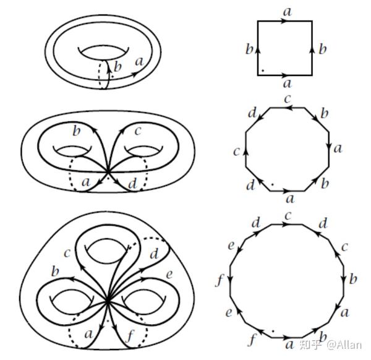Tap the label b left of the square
pos(249,49)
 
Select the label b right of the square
pos(322,49)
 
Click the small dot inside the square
pos(262,70)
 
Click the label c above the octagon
pos(288,98)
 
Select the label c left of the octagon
pos(236,151)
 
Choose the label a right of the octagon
pos(338,148)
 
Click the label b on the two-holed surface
pos(77,131)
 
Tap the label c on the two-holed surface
pos(137,131)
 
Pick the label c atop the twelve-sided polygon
pos(288,215)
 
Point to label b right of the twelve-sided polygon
pos(353,279)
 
